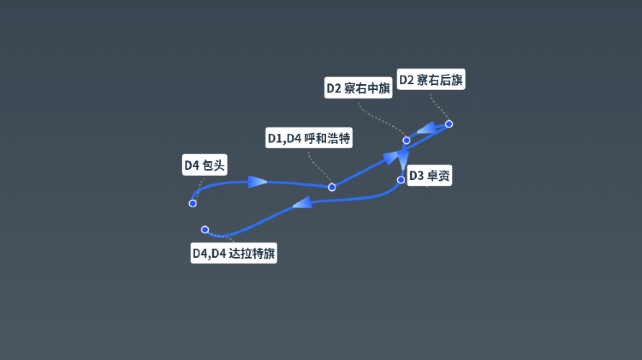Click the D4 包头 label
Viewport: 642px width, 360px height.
pos(204,165)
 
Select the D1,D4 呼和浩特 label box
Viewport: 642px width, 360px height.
pos(308,138)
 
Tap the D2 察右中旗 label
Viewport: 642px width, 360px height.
pos(358,88)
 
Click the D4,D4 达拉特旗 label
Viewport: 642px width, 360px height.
pos(234,253)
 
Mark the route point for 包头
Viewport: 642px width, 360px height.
pos(192,203)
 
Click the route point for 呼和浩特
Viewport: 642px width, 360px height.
pos(332,186)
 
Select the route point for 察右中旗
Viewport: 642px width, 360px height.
pos(406,140)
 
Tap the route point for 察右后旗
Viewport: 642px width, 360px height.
pos(449,124)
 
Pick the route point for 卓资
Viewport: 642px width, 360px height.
pos(401,180)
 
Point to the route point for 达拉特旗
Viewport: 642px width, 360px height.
pos(204,230)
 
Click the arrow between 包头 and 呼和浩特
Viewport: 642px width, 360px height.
pos(256,182)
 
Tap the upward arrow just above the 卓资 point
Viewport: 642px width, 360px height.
pos(402,159)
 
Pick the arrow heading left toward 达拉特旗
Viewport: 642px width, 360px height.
pos(301,203)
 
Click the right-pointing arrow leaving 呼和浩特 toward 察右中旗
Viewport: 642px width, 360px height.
pos(389,157)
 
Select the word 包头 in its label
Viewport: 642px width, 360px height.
pos(213,165)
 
